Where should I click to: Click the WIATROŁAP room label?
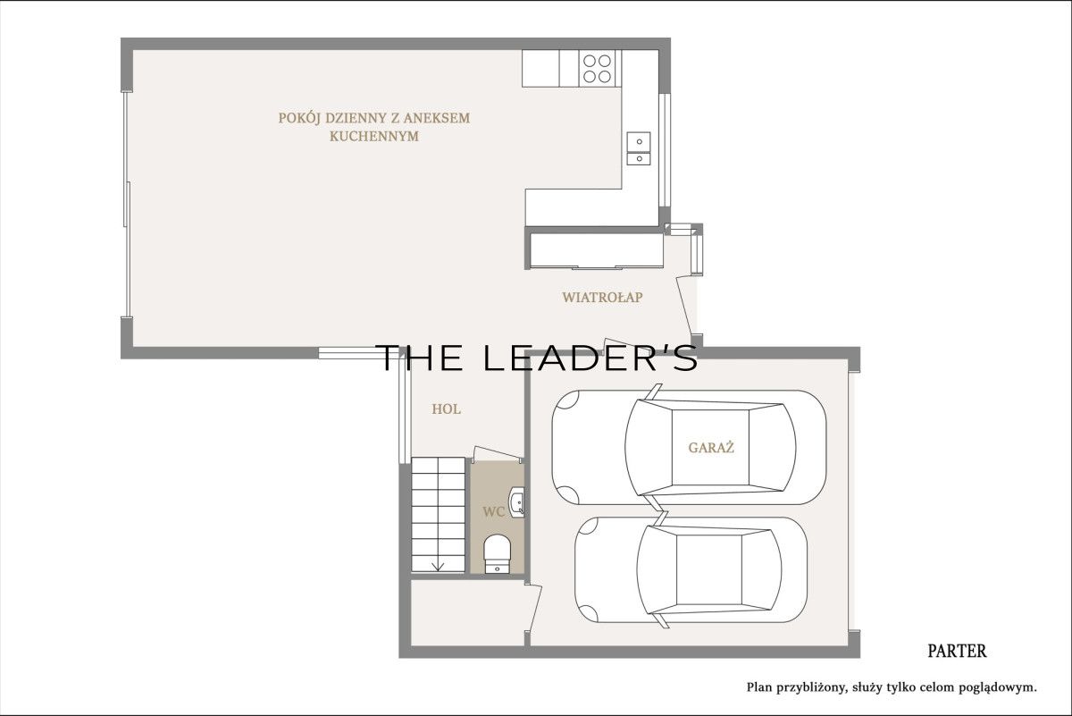[x=602, y=298]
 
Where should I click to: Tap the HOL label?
[x=446, y=409]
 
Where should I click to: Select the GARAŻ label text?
[x=711, y=447]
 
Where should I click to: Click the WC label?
[x=493, y=512]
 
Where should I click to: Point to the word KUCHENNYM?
[x=373, y=137]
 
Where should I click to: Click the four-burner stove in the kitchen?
[x=597, y=69]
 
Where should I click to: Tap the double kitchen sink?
[x=639, y=148]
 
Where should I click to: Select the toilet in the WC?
[x=498, y=553]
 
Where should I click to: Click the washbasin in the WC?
[x=516, y=502]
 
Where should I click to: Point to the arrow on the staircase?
[x=438, y=567]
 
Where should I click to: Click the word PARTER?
[x=957, y=652]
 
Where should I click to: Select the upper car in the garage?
[x=689, y=447]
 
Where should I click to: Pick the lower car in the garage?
[x=691, y=569]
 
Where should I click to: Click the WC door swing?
[x=497, y=453]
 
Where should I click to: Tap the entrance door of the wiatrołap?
[x=685, y=307]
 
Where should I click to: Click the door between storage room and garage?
[x=534, y=608]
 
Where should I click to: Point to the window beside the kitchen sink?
[x=665, y=150]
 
